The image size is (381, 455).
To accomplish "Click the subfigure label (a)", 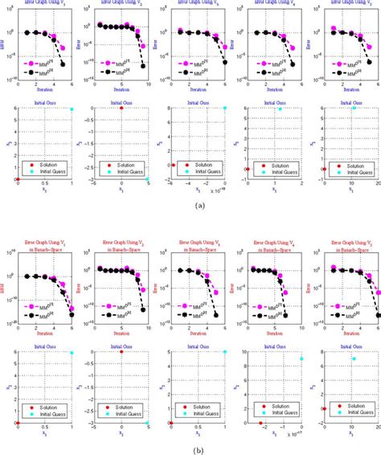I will (190, 205).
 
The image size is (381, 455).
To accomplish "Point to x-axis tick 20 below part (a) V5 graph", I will (377, 185).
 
